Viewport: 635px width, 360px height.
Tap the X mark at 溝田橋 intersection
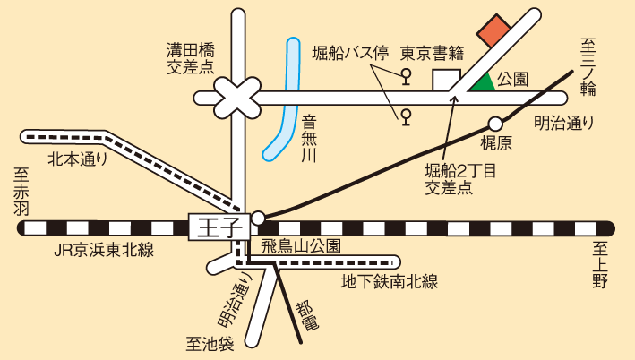[236, 94]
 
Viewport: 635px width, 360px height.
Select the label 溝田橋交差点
[191, 56]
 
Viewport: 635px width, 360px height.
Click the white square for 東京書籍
[446, 79]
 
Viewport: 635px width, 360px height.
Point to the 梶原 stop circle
[494, 124]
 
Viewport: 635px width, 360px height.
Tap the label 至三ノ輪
[592, 66]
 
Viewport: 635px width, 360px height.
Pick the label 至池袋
[210, 343]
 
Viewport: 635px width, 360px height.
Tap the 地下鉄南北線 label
[389, 282]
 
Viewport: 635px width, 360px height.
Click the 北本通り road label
[77, 160]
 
